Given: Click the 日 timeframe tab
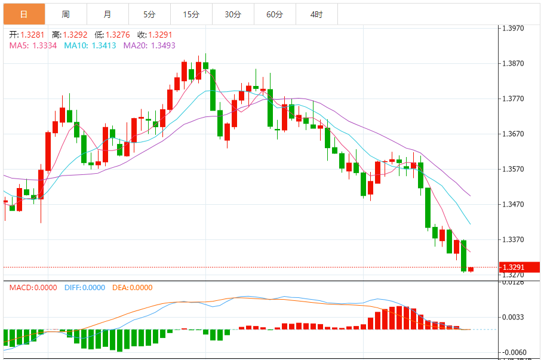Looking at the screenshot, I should point(23,14).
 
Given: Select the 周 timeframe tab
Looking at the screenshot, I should point(65,14).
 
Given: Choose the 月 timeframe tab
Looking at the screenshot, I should point(107,14).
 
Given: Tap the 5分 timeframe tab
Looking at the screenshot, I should point(149,14).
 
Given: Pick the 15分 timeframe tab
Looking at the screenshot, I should point(191,14).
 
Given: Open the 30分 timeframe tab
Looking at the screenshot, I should point(233,14).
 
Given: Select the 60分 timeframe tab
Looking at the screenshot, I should point(275,14).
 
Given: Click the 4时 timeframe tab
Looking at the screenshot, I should point(316,14).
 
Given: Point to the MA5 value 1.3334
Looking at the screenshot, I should point(45,45).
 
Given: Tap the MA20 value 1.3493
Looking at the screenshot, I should point(162,45).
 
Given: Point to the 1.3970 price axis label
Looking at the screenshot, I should point(513,28).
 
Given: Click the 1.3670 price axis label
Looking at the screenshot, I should point(513,134).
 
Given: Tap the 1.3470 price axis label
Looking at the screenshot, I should point(513,204).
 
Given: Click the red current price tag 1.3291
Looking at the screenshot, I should point(518,267).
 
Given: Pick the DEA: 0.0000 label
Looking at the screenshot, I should point(133,287).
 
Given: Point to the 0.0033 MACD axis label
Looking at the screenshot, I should point(513,317).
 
